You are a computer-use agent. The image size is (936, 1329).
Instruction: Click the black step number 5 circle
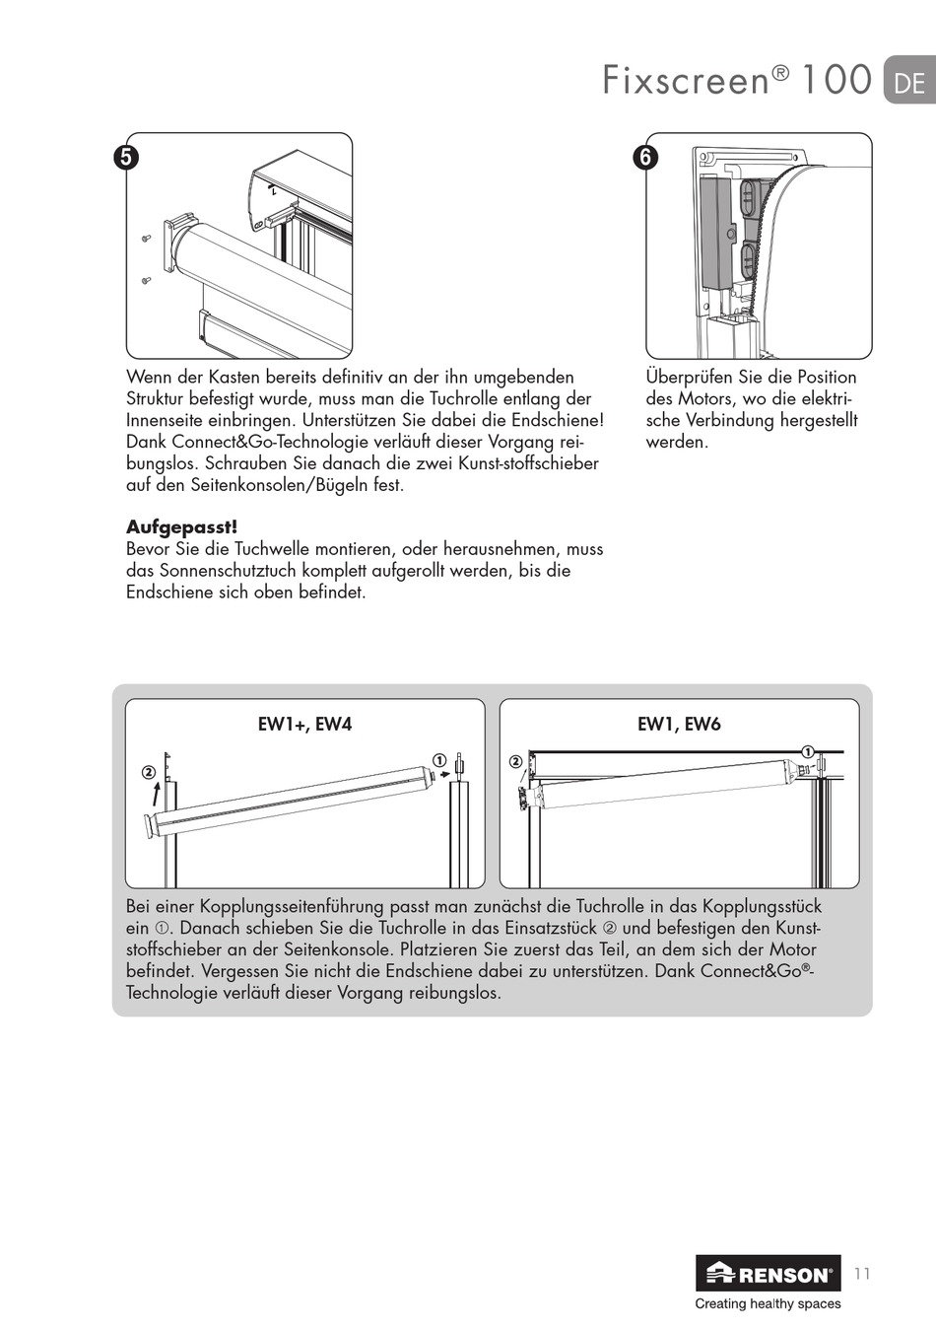(126, 157)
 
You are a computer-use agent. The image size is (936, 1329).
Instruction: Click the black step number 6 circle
(646, 157)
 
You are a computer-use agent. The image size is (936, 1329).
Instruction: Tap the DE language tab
(908, 82)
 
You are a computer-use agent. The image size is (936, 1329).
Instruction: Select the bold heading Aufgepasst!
(181, 527)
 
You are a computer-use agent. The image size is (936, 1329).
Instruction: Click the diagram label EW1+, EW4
(304, 725)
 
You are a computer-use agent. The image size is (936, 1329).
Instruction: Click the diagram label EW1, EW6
(679, 725)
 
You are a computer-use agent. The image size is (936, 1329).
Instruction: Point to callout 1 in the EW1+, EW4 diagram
(439, 760)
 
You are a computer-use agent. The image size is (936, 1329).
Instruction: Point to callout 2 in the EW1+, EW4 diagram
(148, 772)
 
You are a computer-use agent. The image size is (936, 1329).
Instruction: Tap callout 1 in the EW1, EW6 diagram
(807, 751)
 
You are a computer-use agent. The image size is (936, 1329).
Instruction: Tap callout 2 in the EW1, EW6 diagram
(515, 762)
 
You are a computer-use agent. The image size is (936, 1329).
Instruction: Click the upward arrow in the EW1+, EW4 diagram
(156, 794)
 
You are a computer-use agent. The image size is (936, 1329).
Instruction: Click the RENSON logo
(769, 1274)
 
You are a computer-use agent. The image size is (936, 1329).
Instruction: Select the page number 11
(862, 1274)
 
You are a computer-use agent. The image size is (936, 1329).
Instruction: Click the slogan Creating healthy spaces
(768, 1303)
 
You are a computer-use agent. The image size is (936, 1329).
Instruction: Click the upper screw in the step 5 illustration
(147, 237)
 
